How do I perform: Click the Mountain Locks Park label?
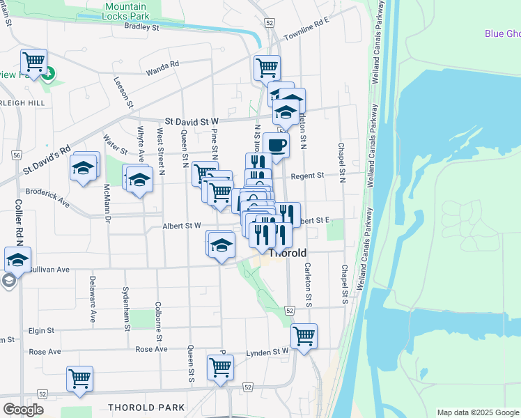(126, 10)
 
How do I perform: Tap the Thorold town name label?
(287, 253)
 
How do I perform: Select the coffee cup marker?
(276, 146)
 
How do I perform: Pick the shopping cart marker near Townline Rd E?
(267, 68)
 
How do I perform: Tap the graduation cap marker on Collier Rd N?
(17, 260)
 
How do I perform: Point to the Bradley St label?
(142, 27)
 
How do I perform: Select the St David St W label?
(192, 121)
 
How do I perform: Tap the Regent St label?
(308, 176)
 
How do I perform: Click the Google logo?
(23, 409)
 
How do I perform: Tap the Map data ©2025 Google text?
(477, 412)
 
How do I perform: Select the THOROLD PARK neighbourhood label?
(146, 408)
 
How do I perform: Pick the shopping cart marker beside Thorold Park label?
(80, 379)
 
